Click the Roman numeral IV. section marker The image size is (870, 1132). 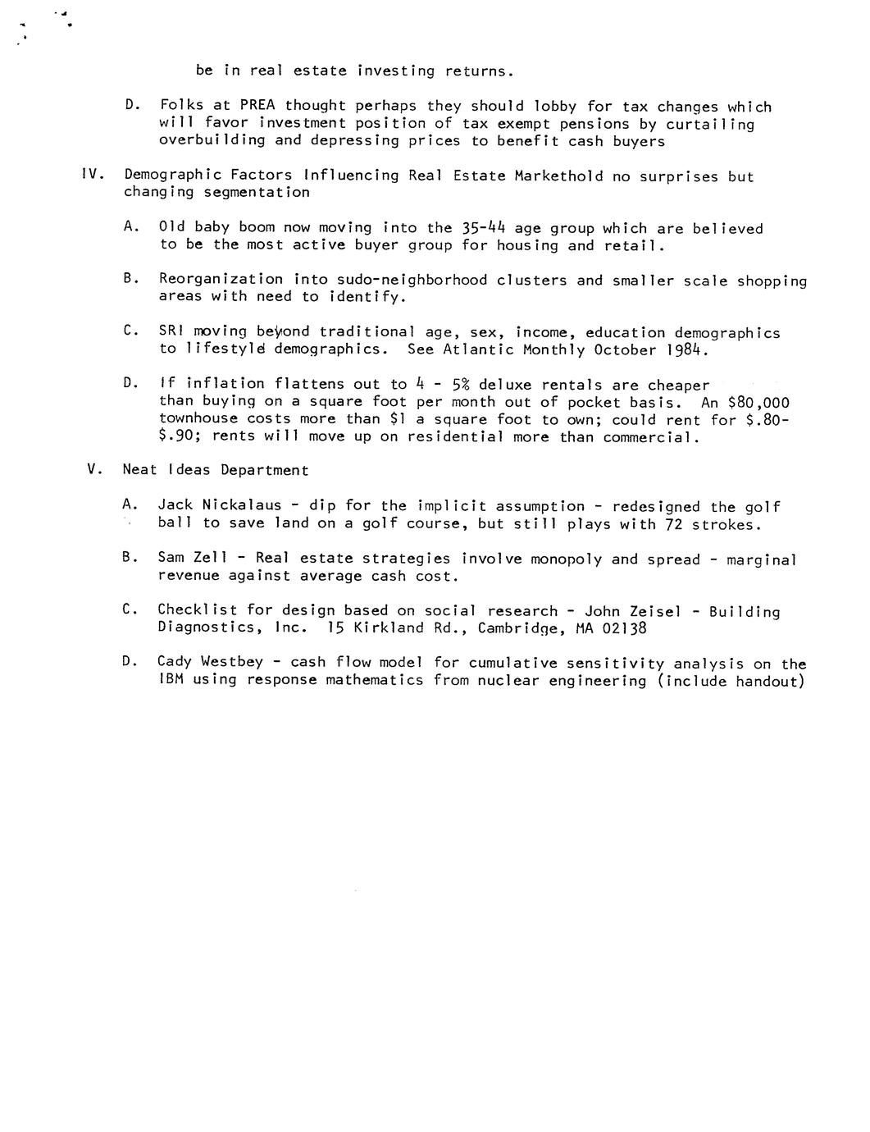92,175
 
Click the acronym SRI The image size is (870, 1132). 172,331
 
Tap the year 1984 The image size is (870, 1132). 682,350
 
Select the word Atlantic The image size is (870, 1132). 478,349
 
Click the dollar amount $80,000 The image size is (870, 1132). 758,402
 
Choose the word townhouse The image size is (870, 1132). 198,419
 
